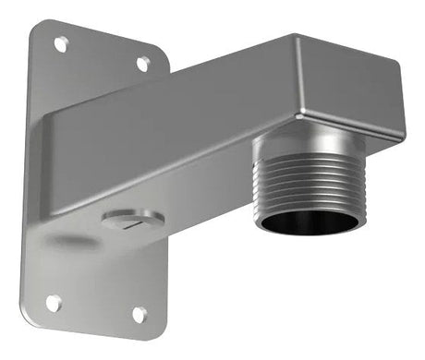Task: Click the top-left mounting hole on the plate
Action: (x=61, y=43)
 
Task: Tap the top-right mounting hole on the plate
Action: (x=143, y=63)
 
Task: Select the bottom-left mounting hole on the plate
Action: (x=54, y=302)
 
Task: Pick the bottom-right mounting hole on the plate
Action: (x=139, y=315)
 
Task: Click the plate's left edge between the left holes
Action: (x=25, y=175)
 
